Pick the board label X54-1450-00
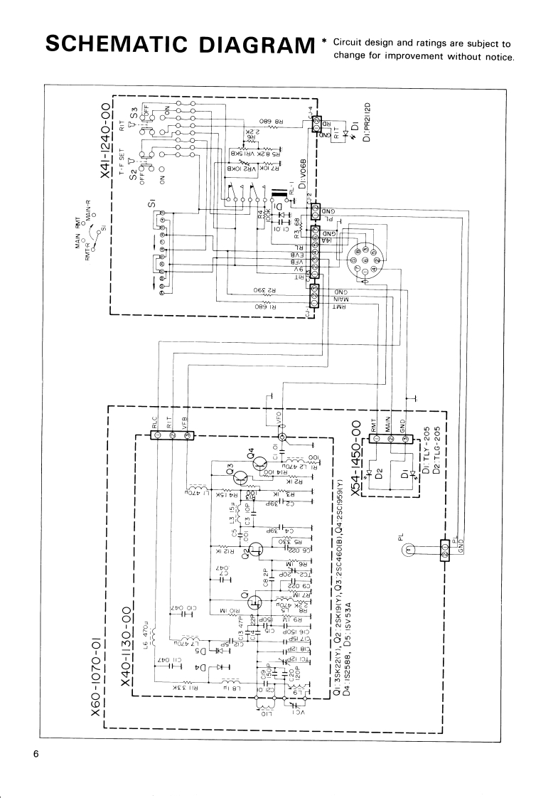click(354, 438)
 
